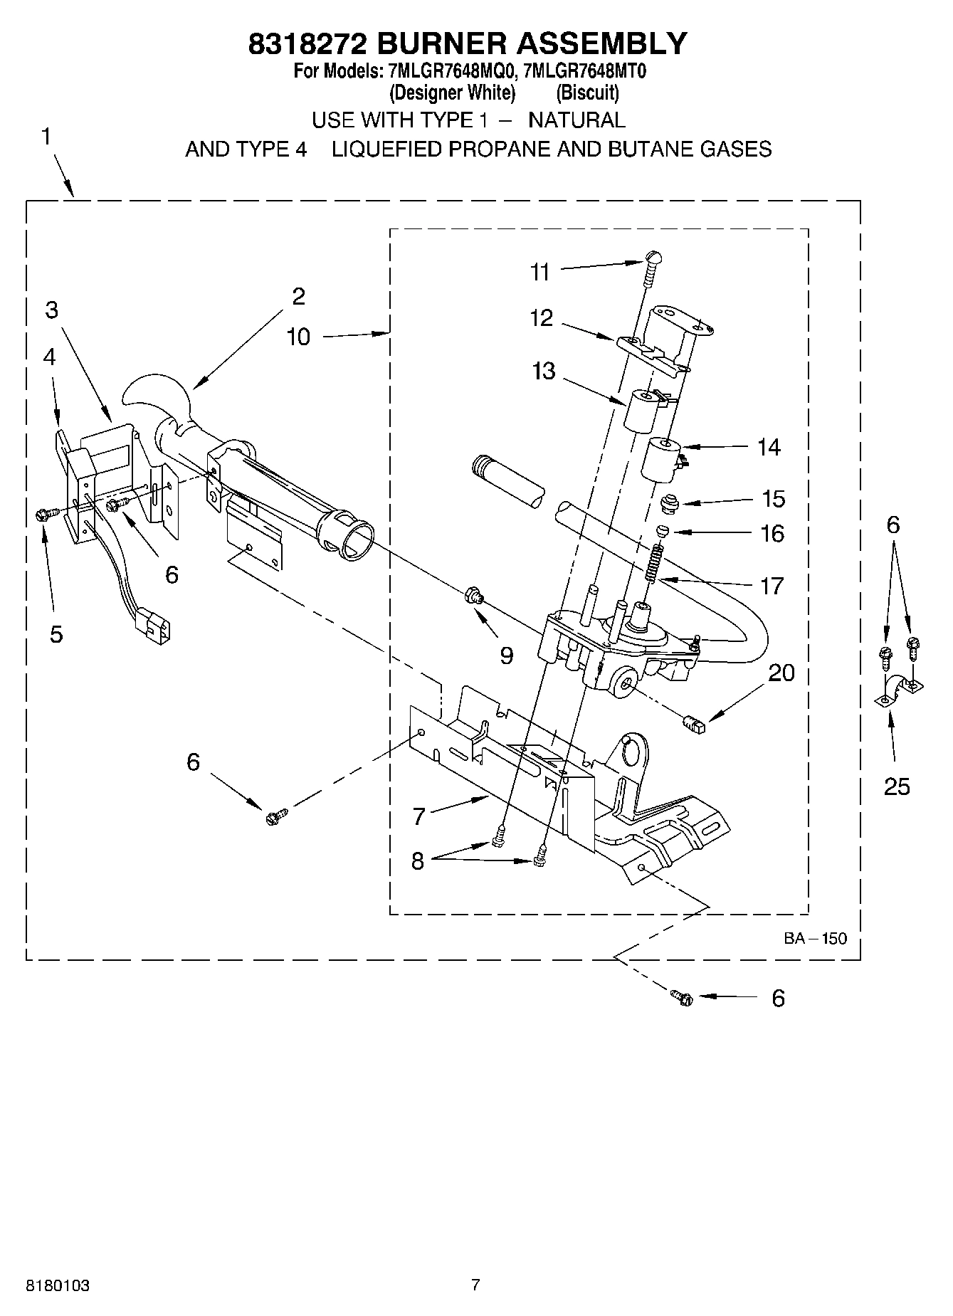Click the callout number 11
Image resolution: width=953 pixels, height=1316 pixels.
coord(540,272)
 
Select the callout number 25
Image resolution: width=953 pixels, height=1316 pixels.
coord(896,786)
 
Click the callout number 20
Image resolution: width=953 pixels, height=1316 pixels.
coord(781,673)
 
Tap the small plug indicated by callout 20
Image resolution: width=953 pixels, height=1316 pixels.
coord(693,725)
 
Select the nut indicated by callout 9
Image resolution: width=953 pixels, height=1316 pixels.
coord(472,595)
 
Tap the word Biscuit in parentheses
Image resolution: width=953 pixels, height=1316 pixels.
coord(587,93)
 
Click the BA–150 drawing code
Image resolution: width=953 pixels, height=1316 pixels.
coord(815,938)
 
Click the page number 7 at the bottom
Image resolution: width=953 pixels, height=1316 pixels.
coord(475,1285)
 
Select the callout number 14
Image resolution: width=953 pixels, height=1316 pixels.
coord(769,448)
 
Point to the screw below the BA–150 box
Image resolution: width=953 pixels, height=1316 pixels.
coord(681,997)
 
